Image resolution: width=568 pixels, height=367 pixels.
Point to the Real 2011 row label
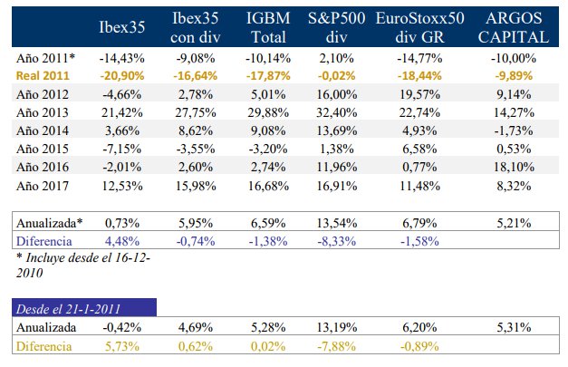[43, 74]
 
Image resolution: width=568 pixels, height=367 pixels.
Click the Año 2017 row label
[43, 185]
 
